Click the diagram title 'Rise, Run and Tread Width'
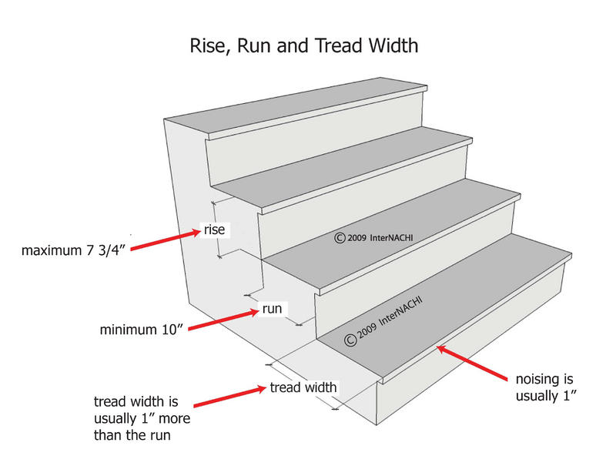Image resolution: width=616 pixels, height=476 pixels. tap(304, 45)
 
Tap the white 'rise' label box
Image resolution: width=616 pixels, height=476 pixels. tap(213, 229)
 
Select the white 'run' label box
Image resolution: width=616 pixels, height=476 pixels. tap(271, 310)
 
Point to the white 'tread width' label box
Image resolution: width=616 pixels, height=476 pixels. tap(303, 387)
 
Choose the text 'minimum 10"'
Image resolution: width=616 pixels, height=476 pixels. tap(140, 330)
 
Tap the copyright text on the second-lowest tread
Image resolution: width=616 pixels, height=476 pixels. tap(373, 237)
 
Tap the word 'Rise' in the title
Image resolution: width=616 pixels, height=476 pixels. tap(207, 45)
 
